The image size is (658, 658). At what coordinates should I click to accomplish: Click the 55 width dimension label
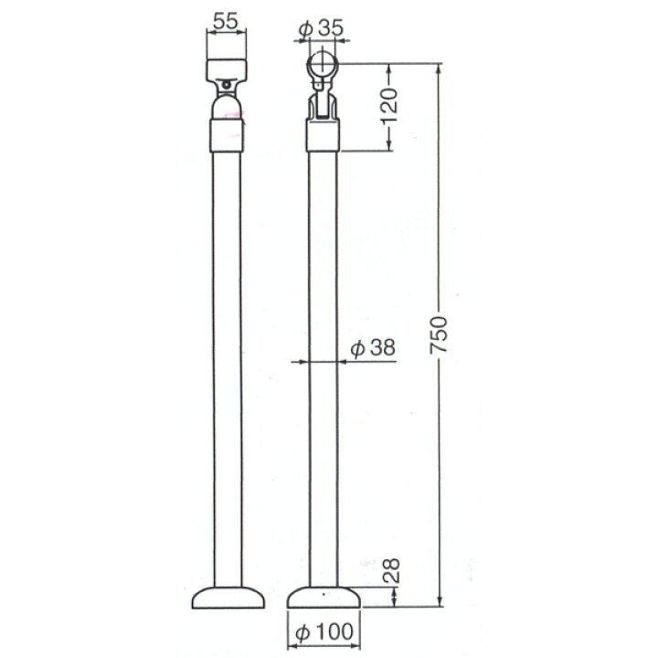point(227,18)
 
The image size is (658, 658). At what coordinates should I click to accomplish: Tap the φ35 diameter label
point(321,28)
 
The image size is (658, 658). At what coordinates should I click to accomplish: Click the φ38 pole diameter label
point(373,348)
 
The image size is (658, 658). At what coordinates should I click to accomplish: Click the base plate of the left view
point(228,598)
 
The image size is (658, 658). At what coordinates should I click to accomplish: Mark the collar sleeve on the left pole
point(228,138)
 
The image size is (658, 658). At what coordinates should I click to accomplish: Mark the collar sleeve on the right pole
point(324,138)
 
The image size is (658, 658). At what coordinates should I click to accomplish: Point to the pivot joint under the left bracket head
point(227,87)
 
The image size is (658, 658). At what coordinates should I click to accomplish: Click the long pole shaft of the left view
point(228,366)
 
